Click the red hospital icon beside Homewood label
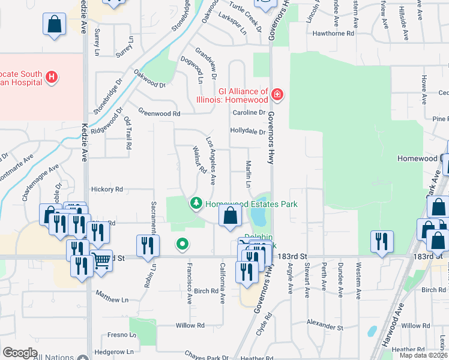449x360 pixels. (x=277, y=94)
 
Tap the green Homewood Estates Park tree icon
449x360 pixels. (x=196, y=204)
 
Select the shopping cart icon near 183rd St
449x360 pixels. (x=102, y=260)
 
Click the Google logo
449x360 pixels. (x=20, y=353)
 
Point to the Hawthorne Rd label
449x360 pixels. (x=333, y=34)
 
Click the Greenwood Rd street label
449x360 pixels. (x=159, y=113)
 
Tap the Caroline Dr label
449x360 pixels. (x=249, y=112)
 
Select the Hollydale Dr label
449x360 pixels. (x=247, y=131)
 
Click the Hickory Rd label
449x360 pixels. (x=107, y=189)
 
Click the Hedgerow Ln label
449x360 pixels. (x=113, y=351)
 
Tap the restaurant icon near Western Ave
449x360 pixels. (x=381, y=241)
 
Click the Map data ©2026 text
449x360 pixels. (x=423, y=355)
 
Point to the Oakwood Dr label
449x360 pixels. (x=149, y=80)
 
